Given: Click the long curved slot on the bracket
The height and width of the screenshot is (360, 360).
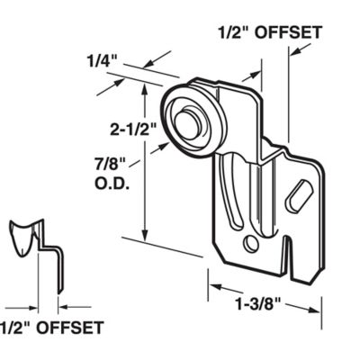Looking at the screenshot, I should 236,193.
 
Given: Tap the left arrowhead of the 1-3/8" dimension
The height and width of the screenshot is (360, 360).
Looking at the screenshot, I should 213,289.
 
